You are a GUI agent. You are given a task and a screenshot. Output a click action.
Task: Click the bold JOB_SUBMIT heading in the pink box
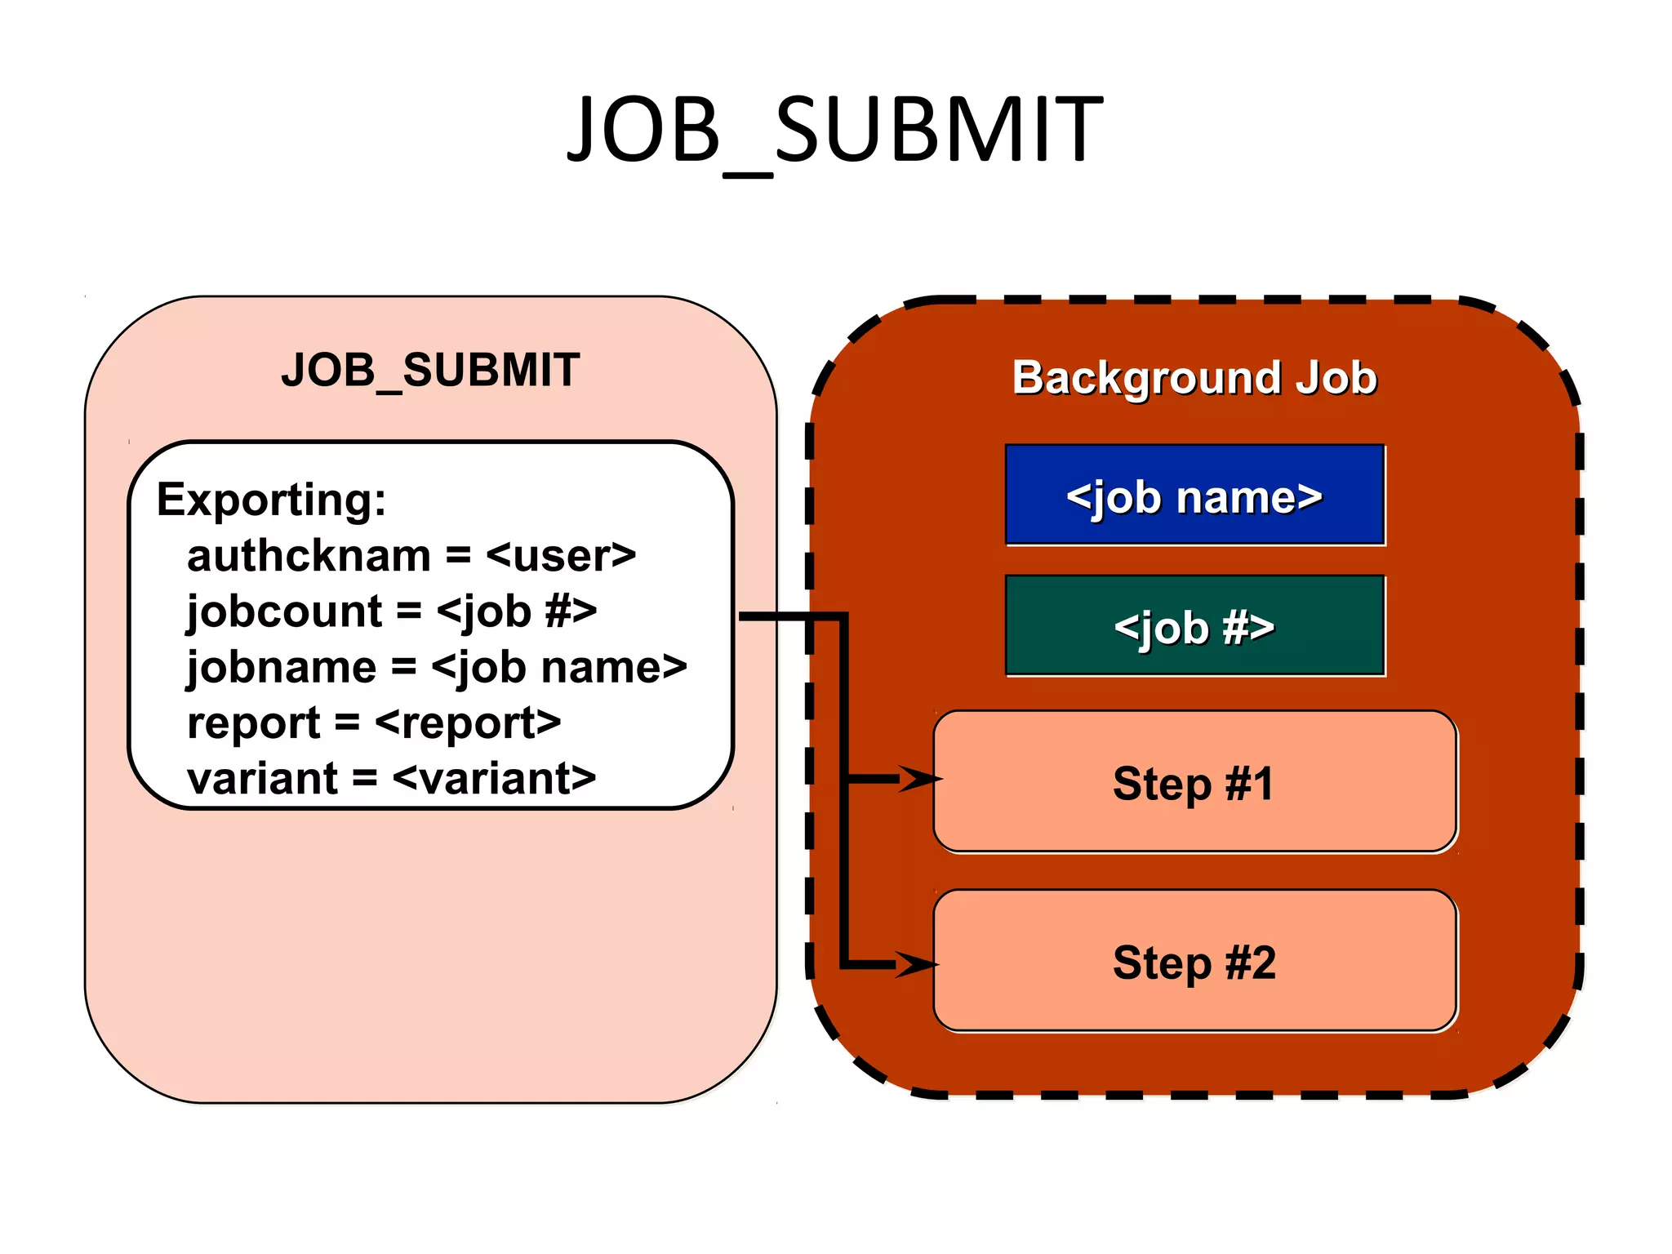430,370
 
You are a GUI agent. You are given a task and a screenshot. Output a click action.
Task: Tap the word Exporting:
271,500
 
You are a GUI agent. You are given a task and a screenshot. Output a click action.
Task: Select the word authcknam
309,557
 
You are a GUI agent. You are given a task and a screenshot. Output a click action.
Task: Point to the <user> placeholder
560,557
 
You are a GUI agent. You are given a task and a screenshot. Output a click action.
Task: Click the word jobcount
284,612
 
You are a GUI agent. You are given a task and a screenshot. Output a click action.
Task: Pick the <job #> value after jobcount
517,612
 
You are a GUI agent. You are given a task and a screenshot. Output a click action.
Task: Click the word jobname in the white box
282,668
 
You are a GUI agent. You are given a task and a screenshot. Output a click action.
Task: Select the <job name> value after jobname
559,668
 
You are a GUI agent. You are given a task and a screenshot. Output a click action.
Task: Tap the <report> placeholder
468,723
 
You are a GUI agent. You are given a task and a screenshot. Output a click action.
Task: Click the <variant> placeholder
494,779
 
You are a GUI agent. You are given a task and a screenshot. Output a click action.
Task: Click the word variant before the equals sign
262,779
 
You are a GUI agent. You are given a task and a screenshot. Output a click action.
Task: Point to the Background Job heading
1194,378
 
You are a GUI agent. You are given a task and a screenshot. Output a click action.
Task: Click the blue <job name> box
1194,496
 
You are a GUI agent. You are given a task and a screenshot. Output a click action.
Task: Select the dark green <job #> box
1194,626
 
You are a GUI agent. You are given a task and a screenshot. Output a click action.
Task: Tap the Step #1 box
1194,782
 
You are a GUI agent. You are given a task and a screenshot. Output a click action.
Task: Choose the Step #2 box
1194,962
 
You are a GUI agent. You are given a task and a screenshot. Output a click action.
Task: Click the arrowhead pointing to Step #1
920,779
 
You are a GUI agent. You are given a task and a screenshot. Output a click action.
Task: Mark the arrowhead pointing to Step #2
917,964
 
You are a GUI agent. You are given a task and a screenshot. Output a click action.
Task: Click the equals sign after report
347,723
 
